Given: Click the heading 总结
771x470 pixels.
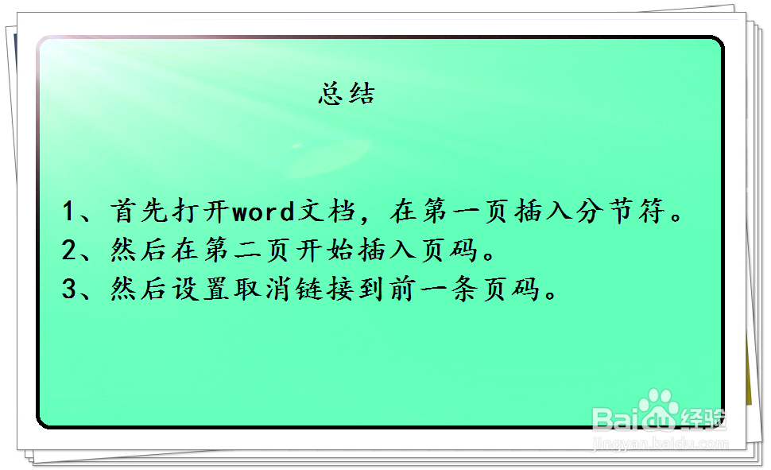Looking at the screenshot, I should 347,95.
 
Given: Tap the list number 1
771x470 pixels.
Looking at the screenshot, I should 69,212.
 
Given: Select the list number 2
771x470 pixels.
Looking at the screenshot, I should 69,251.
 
